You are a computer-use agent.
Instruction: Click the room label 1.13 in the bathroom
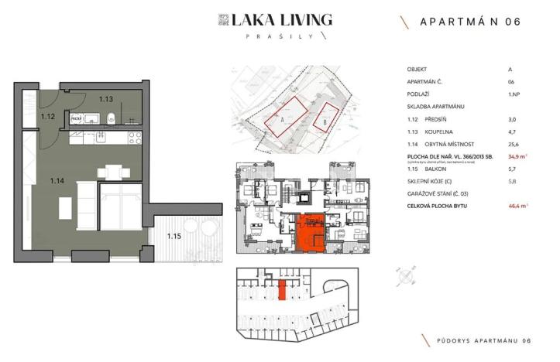tap(106, 98)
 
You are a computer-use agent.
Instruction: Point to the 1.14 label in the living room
tap(57, 181)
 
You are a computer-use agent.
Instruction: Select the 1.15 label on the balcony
tap(173, 236)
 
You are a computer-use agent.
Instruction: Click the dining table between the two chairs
tap(114, 172)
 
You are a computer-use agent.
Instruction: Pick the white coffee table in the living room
tap(65, 208)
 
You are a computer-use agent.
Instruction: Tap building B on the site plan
tap(327, 115)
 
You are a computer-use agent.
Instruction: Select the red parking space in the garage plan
tap(282, 290)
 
